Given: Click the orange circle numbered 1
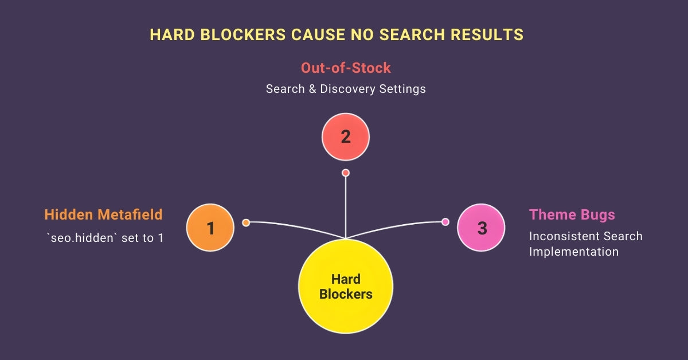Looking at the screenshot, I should click(x=210, y=228).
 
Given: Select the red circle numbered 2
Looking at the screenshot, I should click(x=345, y=136).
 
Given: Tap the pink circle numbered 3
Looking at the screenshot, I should click(x=481, y=228).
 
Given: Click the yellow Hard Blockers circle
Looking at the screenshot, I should click(x=345, y=287).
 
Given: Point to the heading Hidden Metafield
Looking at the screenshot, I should click(x=103, y=214).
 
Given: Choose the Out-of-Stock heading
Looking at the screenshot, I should click(x=345, y=68).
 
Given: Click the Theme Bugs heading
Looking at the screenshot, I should click(x=572, y=214).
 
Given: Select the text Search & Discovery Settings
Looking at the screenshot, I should click(x=345, y=89).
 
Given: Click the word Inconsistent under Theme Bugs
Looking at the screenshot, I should click(x=560, y=236).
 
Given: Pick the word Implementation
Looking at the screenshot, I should click(x=573, y=252).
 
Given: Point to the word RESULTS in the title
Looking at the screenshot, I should click(x=487, y=34).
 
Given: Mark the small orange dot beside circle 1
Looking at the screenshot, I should click(x=246, y=222).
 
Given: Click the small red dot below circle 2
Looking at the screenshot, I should click(x=345, y=173).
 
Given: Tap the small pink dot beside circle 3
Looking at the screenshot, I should click(x=445, y=222).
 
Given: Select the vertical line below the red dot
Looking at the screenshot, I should click(x=345, y=206).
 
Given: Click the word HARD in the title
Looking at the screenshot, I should click(x=170, y=34).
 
